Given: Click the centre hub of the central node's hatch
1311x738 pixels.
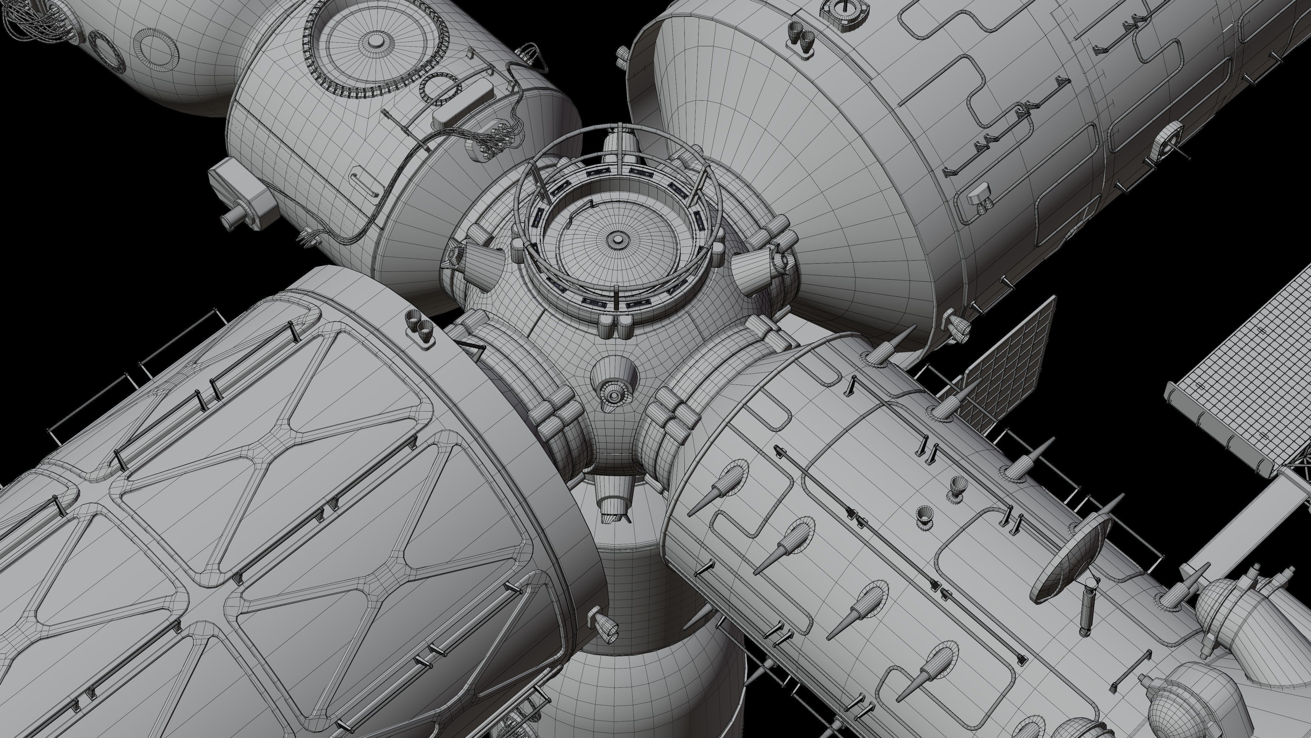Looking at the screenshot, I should [x=617, y=238].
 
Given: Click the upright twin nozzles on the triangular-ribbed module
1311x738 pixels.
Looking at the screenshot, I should [x=418, y=326].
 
